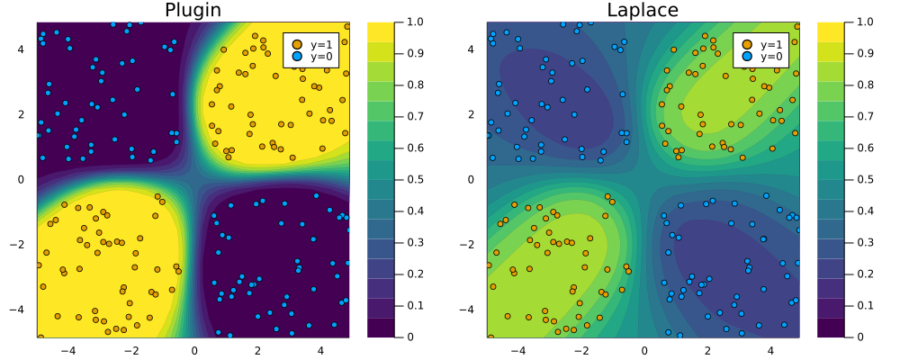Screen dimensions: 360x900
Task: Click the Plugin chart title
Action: [193, 11]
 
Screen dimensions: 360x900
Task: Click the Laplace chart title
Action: [643, 11]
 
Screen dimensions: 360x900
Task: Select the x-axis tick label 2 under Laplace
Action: [707, 349]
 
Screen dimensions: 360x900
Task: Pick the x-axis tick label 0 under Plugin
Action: [193, 349]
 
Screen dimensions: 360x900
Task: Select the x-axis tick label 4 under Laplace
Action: [770, 349]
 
